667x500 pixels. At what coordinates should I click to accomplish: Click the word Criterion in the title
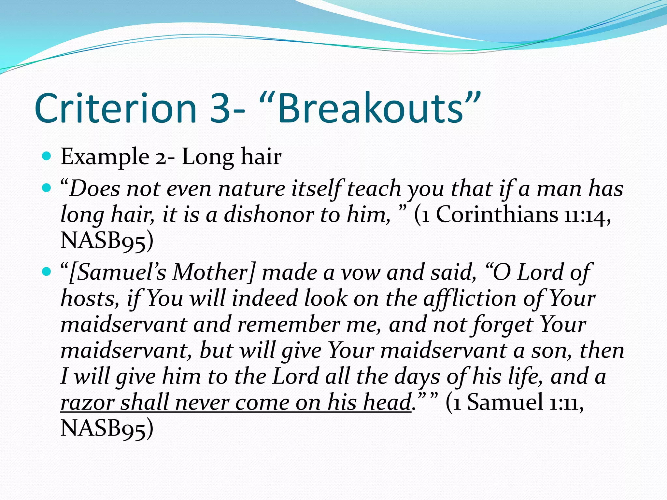pyautogui.click(x=116, y=108)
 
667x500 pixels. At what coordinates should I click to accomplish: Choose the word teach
pyautogui.click(x=374, y=189)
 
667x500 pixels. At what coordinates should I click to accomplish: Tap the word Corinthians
pyautogui.click(x=497, y=215)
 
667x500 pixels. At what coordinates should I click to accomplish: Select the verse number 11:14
pyautogui.click(x=586, y=215)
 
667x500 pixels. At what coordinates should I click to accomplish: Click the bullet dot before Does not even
pyautogui.click(x=47, y=188)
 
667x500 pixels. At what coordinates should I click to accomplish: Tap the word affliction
pyautogui.click(x=469, y=299)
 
